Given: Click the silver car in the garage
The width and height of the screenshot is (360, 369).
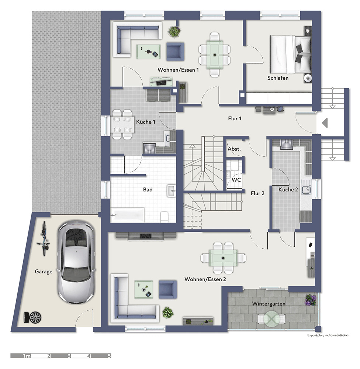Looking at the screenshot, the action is (76, 262).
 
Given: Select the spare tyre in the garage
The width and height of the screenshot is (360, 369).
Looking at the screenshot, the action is (32, 317).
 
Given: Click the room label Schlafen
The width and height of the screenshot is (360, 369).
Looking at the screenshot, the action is (278, 78).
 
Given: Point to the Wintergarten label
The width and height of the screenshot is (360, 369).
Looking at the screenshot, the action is (269, 304).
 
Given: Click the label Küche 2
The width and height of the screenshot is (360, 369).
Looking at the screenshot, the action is (288, 189).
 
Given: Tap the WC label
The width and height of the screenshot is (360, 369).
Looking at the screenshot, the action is (236, 180).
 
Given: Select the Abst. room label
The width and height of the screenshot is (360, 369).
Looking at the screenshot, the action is (234, 149).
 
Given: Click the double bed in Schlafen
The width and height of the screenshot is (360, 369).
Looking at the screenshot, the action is (290, 54).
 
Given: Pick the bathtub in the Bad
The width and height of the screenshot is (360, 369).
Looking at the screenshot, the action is (127, 215).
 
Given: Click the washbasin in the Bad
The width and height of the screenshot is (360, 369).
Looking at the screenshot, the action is (171, 190).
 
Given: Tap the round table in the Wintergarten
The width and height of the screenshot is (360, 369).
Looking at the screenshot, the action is (272, 319).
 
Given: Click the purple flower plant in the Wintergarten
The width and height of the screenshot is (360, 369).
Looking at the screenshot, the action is (311, 300).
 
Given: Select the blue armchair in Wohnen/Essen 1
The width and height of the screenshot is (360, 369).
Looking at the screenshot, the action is (175, 52).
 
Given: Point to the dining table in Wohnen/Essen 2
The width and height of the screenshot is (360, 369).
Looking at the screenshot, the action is (223, 258).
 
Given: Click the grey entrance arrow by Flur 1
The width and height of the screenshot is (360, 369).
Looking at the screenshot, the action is (325, 123).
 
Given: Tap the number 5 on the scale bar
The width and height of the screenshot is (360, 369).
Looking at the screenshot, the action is (109, 356).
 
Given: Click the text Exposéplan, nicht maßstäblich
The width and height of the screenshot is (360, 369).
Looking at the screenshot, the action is (328, 335).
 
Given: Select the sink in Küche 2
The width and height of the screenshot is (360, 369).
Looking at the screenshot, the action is (307, 190).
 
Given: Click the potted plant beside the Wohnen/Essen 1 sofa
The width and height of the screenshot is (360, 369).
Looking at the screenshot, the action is (174, 31).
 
